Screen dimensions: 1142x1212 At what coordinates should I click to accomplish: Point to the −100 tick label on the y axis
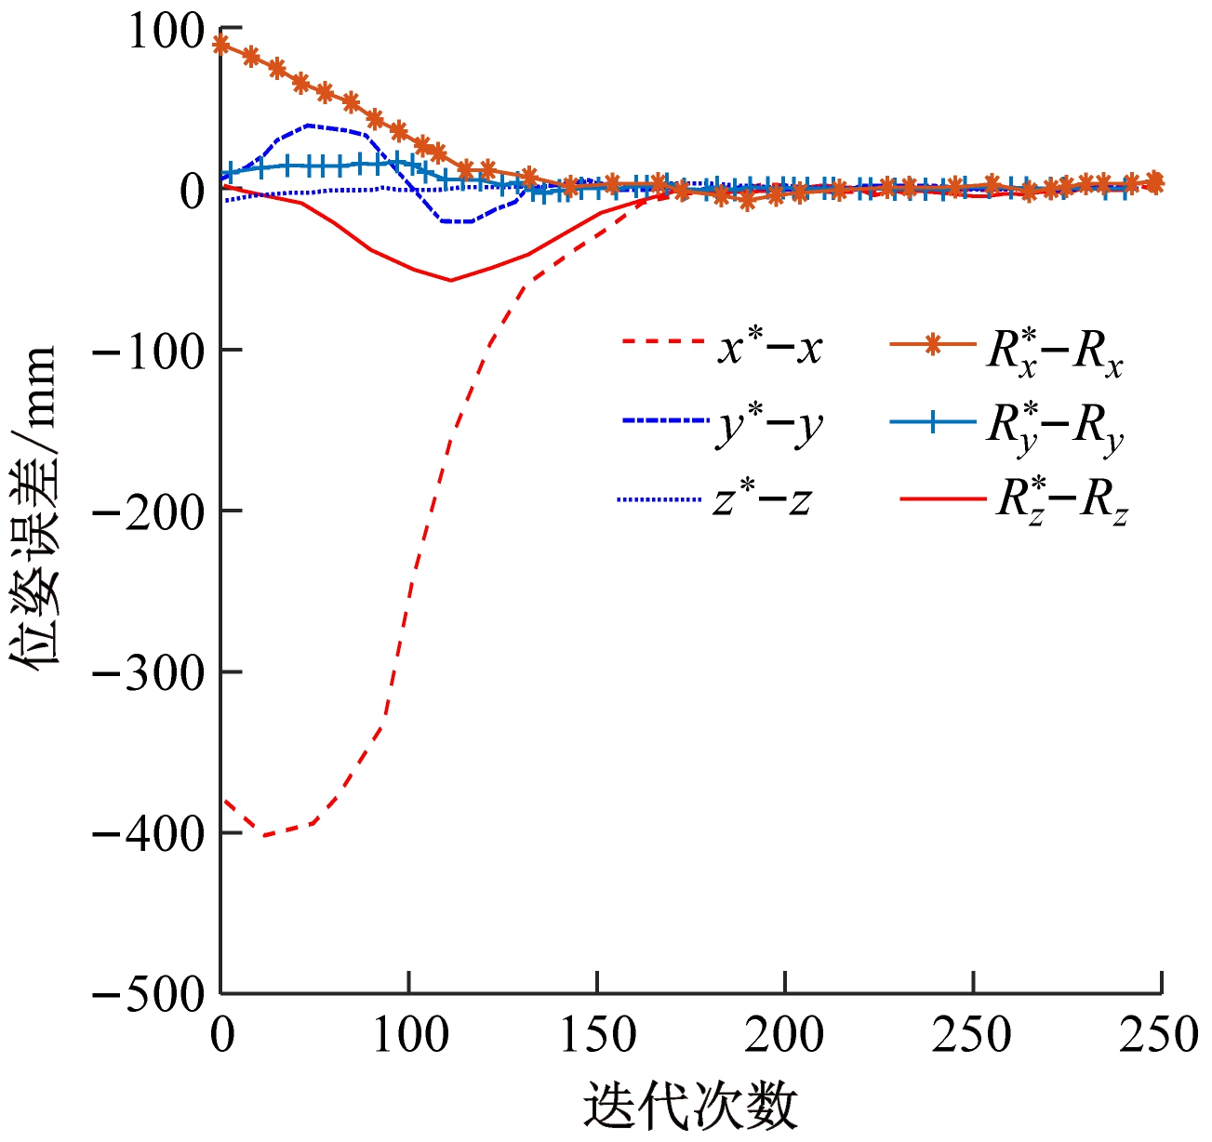tap(150, 352)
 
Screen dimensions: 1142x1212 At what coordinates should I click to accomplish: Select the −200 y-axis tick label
tap(150, 512)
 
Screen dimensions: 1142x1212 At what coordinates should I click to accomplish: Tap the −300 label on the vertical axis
tap(150, 673)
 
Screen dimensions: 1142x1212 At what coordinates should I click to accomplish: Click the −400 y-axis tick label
tap(150, 834)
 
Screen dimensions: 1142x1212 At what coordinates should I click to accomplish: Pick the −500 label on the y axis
tap(150, 995)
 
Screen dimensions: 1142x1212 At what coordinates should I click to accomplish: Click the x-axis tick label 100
tap(410, 1035)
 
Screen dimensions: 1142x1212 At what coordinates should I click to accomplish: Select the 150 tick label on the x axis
tap(598, 1035)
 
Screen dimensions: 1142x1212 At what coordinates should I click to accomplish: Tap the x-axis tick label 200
tap(785, 1035)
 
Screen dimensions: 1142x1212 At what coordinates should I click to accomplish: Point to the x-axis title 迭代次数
tap(690, 1107)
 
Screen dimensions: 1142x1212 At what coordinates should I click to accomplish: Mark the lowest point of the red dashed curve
tap(264, 835)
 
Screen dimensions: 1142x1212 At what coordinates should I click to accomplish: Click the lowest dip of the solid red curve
tap(451, 280)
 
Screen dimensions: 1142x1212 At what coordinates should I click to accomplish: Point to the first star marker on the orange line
tap(221, 44)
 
